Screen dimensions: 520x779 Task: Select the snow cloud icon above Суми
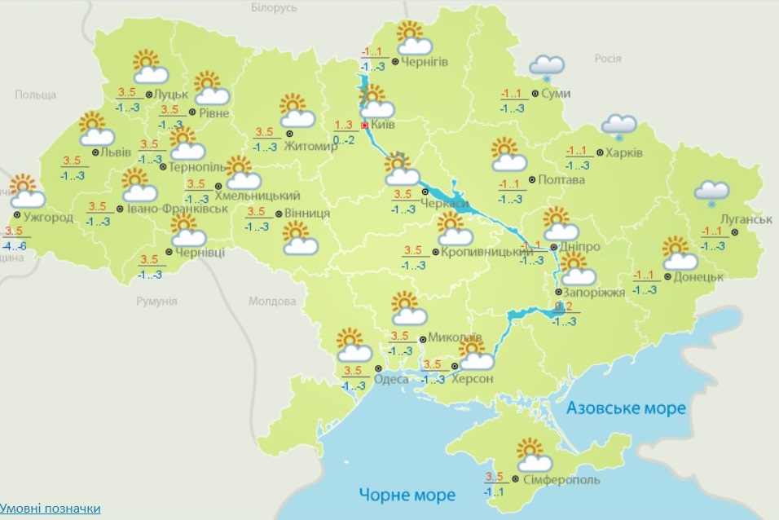(x=547, y=68)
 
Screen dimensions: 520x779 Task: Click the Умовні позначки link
(x=51, y=509)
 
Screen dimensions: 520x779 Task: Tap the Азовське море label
(x=626, y=408)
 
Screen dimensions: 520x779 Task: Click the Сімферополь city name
(x=561, y=479)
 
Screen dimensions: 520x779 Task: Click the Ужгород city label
(x=48, y=218)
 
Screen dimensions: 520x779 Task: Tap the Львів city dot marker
(x=95, y=152)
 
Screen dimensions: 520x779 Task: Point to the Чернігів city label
(x=425, y=62)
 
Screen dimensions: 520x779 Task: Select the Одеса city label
(x=391, y=378)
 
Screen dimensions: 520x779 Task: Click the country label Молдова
(x=271, y=302)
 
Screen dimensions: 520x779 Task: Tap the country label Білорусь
(x=275, y=7)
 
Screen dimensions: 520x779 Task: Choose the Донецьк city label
(x=699, y=277)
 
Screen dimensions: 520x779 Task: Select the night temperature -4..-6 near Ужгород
(x=15, y=246)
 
